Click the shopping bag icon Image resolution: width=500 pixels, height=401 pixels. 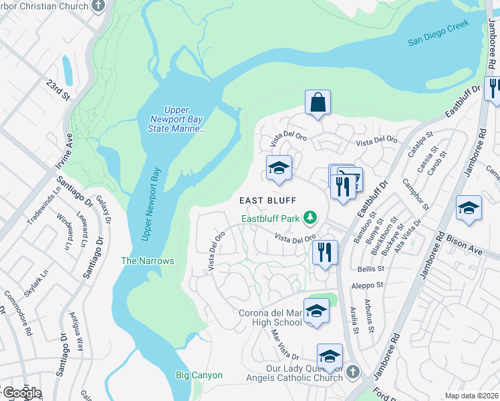(318, 103)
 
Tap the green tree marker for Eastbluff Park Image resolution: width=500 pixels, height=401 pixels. (309, 217)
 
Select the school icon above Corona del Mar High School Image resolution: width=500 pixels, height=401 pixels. (316, 311)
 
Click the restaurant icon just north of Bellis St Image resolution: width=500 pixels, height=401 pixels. (324, 253)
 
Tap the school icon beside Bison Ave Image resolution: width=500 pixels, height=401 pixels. (469, 208)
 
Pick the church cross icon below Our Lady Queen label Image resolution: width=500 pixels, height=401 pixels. (353, 372)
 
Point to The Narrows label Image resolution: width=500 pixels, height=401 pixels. (147, 261)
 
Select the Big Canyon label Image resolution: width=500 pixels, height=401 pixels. (199, 375)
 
